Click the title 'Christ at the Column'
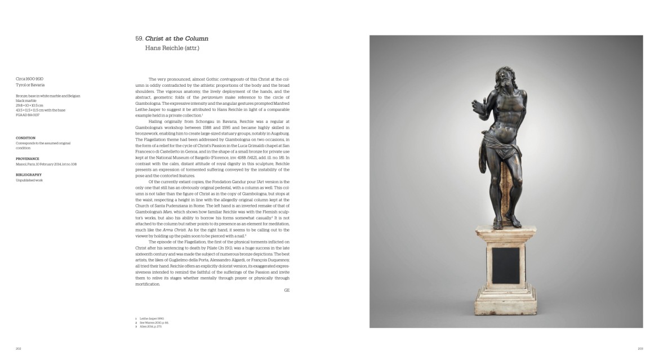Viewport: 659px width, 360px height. coord(177,38)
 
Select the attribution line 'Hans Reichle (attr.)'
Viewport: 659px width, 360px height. coord(172,48)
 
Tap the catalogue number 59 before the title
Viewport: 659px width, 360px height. coord(139,38)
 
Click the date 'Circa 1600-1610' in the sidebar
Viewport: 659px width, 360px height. coord(30,79)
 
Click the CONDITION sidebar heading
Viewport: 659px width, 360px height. coord(26,137)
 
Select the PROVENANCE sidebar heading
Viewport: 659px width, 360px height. coord(28,159)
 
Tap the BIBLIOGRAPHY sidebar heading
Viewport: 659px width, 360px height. coord(29,175)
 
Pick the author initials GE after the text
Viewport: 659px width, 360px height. coord(287,290)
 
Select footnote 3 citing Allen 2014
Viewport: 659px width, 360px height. coord(147,326)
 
